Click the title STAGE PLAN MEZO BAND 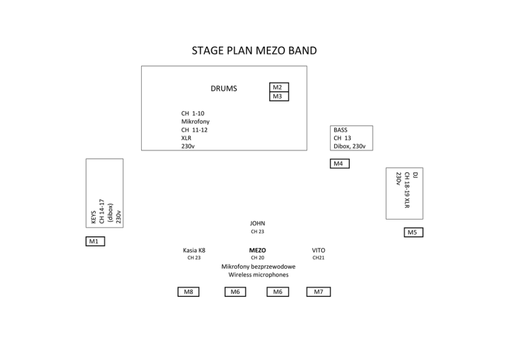[254, 51]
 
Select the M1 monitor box [95, 241]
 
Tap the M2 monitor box [279, 87]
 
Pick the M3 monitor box [279, 96]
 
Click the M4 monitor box [339, 164]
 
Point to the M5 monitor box [414, 232]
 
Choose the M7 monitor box [319, 292]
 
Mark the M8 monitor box [188, 292]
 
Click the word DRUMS [224, 88]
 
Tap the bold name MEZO [257, 250]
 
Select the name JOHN [258, 224]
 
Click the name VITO [319, 250]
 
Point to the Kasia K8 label [194, 250]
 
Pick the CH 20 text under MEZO [258, 258]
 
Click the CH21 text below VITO [319, 258]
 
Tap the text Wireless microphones [259, 275]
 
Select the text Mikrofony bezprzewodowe [259, 267]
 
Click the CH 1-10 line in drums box [193, 113]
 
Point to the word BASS [341, 130]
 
